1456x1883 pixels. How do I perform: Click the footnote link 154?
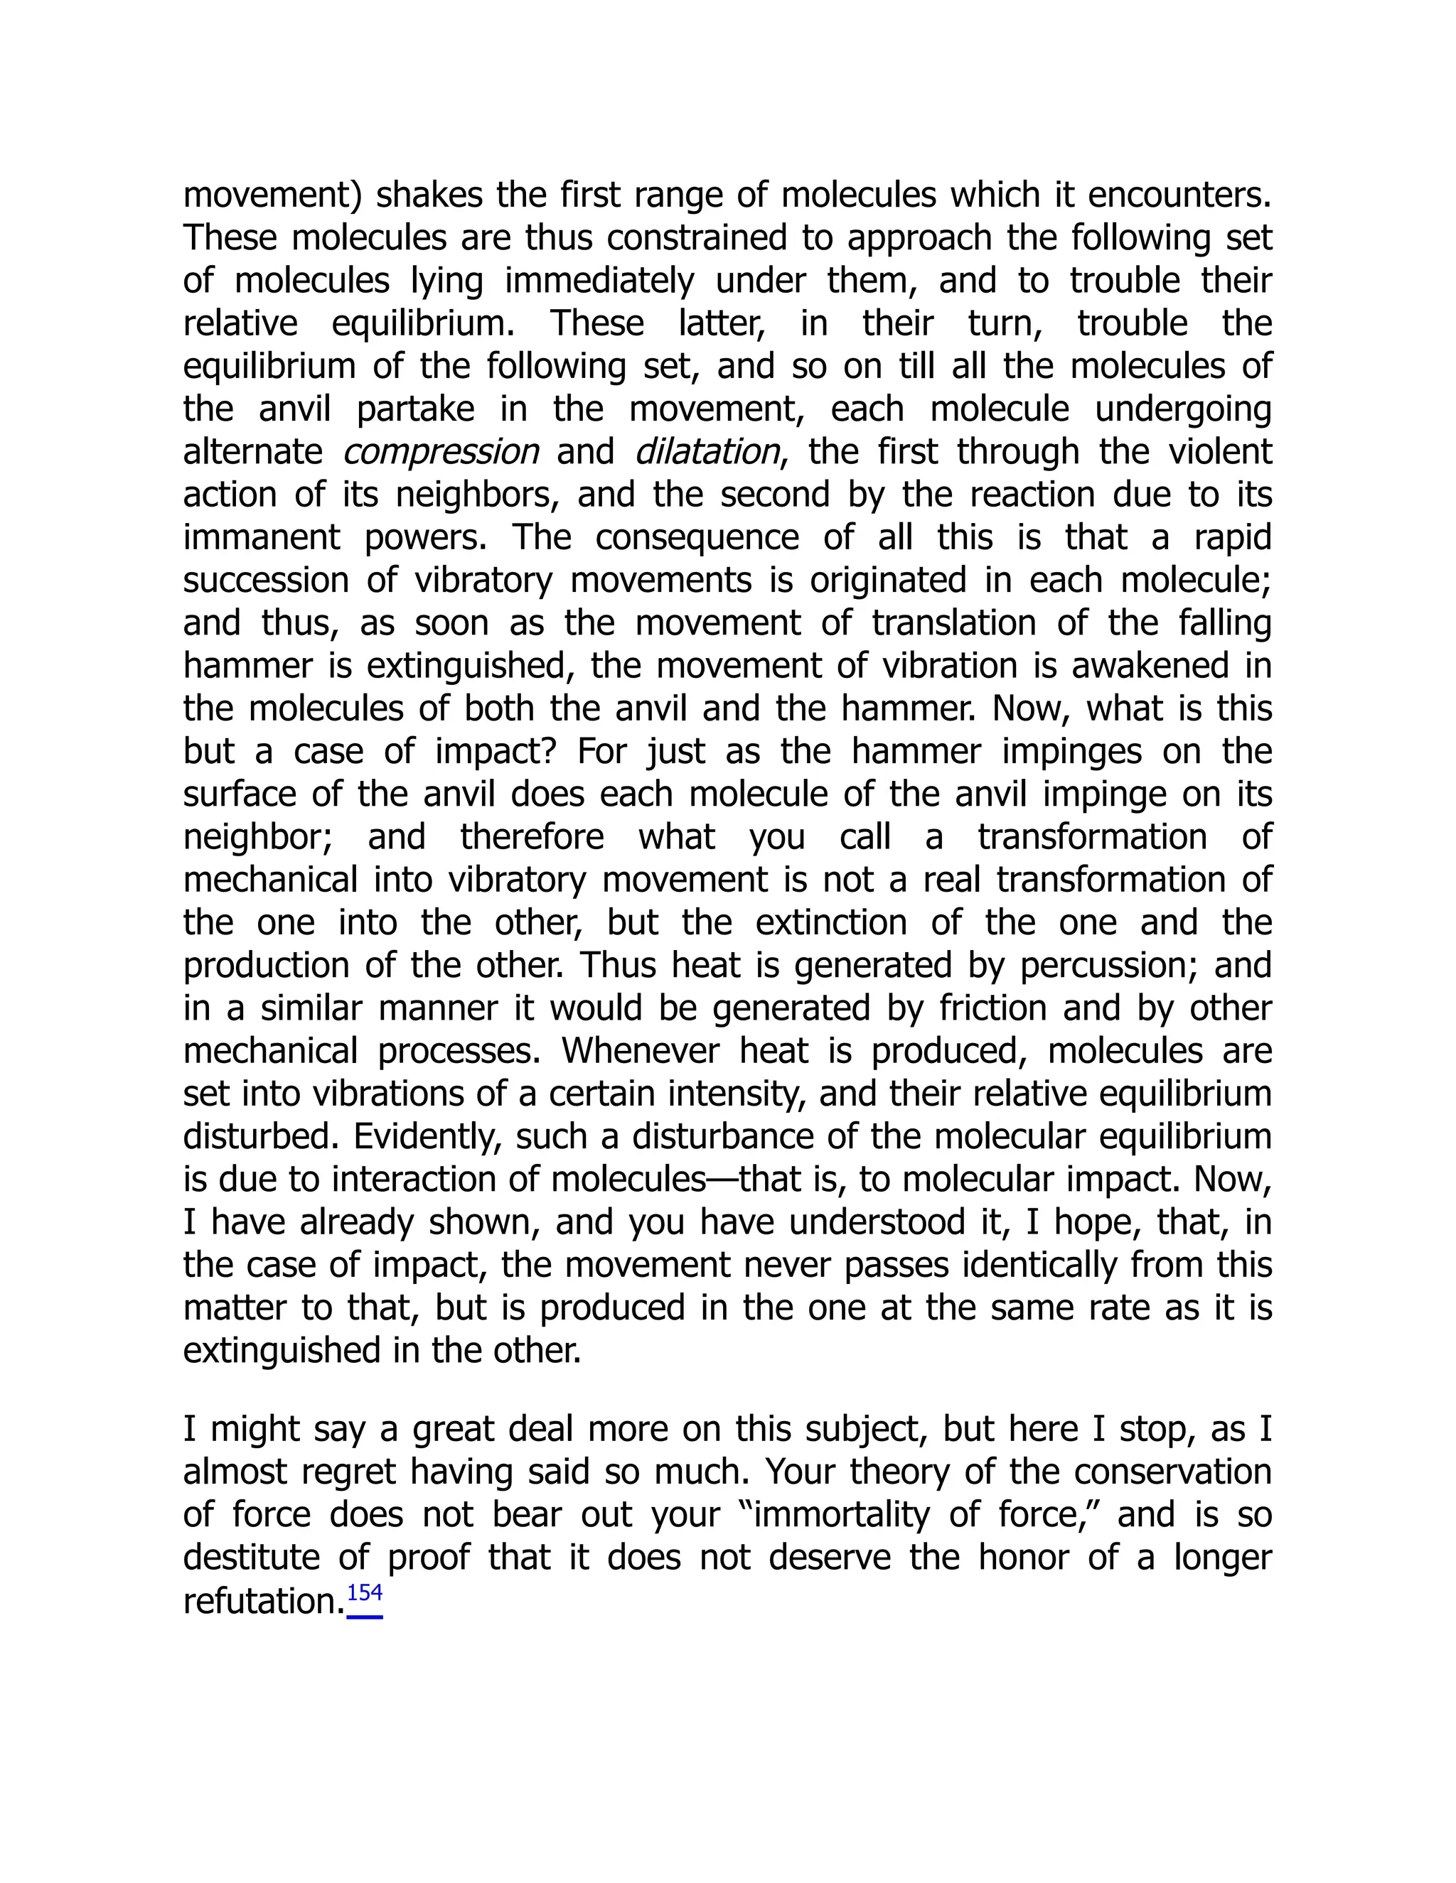tap(364, 1595)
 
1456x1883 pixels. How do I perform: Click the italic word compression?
tap(441, 452)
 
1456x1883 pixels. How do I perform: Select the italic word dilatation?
tap(707, 452)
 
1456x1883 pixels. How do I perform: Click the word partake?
tap(415, 409)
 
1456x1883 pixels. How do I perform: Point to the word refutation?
tap(264, 1601)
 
